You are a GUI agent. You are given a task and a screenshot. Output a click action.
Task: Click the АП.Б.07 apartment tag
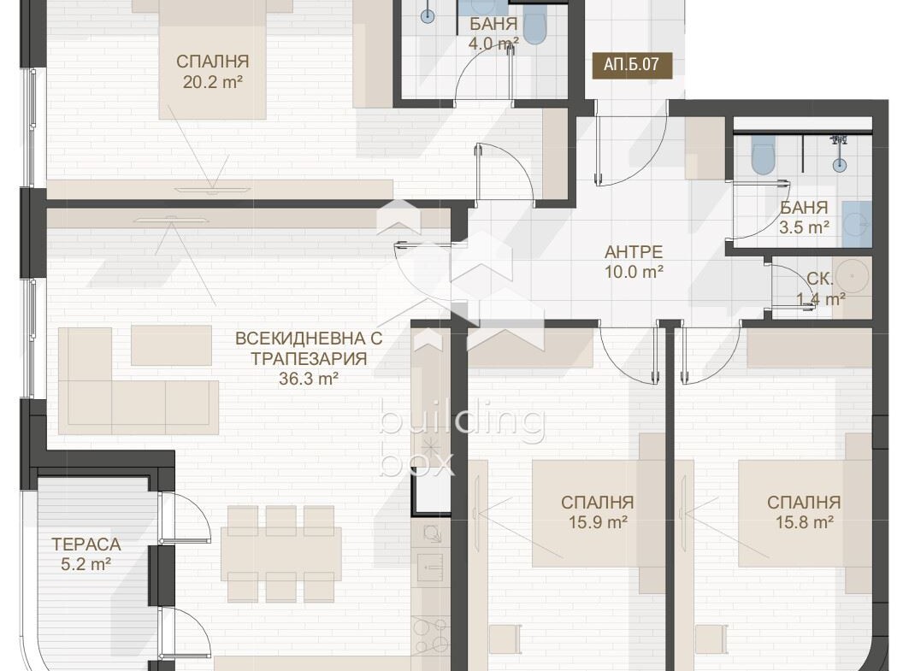(632, 63)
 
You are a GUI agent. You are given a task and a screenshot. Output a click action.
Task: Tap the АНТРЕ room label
(634, 252)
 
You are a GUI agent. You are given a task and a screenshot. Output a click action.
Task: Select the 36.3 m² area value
(309, 379)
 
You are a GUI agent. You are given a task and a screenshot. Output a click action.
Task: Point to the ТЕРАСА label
(86, 544)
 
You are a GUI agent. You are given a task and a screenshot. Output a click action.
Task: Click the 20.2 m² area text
(213, 82)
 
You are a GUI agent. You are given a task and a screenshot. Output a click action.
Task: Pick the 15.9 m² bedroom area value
(598, 522)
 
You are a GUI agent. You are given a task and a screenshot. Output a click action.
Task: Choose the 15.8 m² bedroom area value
(804, 522)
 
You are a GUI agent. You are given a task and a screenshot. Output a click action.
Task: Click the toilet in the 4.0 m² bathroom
(535, 26)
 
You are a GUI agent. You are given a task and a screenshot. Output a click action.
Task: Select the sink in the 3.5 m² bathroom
(856, 223)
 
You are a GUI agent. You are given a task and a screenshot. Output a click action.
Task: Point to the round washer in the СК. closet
(853, 276)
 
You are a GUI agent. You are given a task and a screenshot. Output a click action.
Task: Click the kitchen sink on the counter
(429, 567)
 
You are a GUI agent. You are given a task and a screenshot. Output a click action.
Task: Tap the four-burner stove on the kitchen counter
(430, 635)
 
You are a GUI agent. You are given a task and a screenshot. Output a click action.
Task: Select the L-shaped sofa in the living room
(139, 381)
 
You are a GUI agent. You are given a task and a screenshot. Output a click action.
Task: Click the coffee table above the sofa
(172, 345)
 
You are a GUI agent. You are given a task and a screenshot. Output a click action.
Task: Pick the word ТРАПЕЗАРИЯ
(309, 358)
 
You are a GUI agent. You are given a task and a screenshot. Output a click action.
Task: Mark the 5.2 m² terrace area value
(86, 564)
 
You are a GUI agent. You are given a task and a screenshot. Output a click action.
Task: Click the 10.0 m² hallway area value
(634, 272)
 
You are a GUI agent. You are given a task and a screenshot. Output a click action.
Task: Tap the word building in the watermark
(462, 423)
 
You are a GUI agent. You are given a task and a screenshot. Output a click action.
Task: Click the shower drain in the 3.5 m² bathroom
(841, 165)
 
